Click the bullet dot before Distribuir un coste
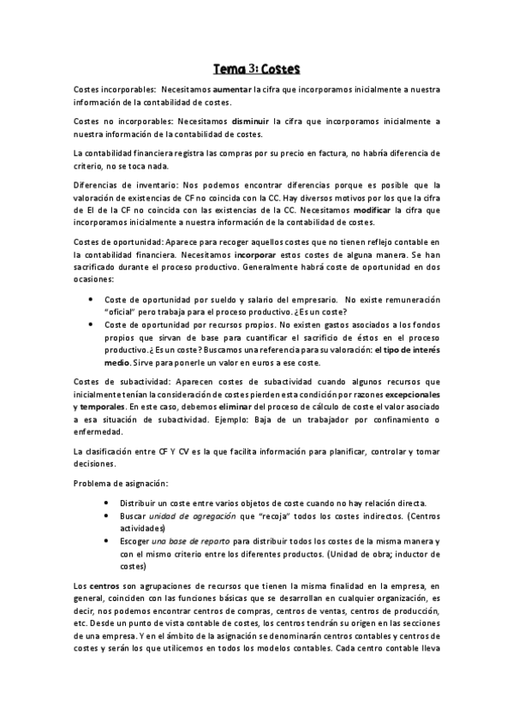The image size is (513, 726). [104, 504]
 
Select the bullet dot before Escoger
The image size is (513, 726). [104, 542]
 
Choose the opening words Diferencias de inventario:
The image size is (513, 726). [125, 184]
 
